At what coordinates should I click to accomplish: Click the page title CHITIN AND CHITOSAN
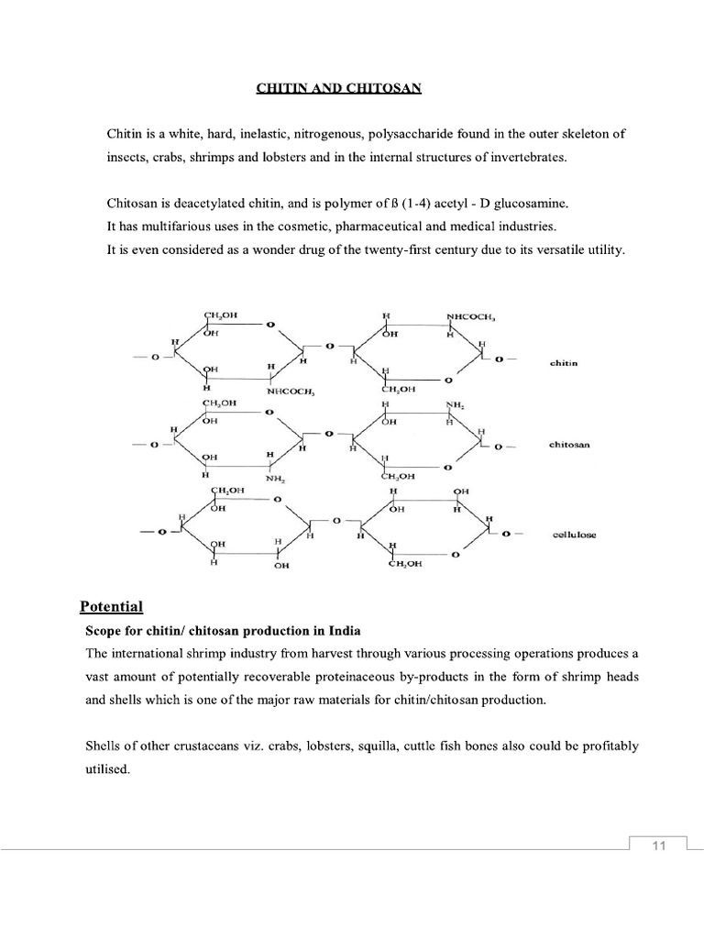click(x=338, y=88)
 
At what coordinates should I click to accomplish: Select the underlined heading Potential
click(x=112, y=606)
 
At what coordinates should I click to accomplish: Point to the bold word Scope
click(x=103, y=631)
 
